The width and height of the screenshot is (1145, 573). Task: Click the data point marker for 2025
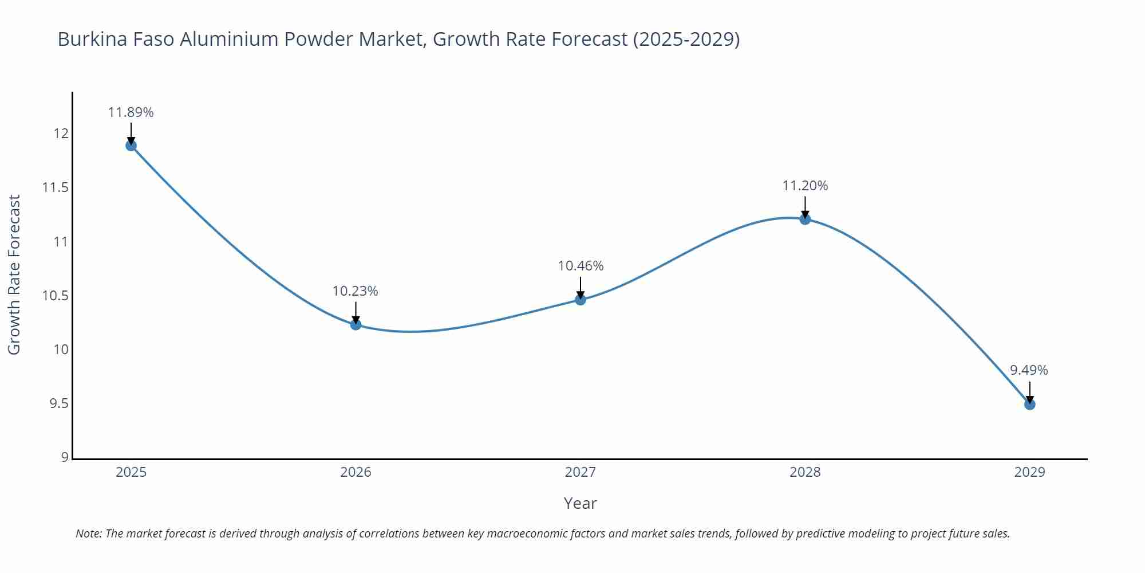click(131, 146)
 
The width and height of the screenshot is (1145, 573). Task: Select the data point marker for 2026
click(356, 325)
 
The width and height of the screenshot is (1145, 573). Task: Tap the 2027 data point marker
click(581, 300)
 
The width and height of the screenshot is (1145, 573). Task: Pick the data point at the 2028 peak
click(805, 219)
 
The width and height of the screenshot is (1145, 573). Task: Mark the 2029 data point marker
click(1029, 405)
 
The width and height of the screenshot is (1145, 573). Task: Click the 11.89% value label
click(131, 112)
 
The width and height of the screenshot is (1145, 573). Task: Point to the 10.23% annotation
click(356, 291)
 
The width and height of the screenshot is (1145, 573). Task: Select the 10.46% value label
click(581, 266)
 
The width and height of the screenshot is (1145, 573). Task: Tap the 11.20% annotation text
click(805, 186)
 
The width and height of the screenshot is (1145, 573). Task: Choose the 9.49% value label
click(1029, 370)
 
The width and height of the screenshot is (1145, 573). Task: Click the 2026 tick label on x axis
click(356, 472)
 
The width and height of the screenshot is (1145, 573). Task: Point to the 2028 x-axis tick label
click(805, 472)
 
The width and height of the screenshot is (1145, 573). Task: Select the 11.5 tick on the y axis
click(56, 188)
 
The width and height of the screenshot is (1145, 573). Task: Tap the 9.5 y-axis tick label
click(59, 404)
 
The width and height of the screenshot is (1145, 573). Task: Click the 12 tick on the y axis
click(61, 134)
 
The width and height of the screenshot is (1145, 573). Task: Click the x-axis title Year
click(580, 503)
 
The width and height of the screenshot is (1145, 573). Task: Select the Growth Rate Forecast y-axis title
click(14, 274)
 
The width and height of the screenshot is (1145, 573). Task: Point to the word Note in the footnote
click(88, 533)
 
